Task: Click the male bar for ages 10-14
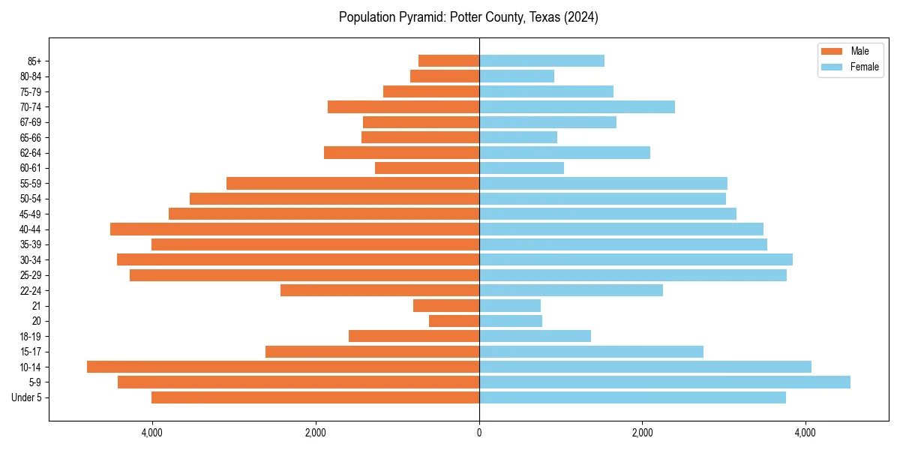click(x=283, y=367)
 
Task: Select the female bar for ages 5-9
click(x=664, y=382)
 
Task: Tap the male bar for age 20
click(x=454, y=321)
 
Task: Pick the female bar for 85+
click(x=541, y=61)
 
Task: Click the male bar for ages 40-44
click(x=295, y=229)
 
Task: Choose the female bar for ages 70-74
click(x=577, y=107)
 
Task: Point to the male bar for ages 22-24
click(x=379, y=290)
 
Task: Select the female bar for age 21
click(x=510, y=306)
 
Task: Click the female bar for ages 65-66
click(x=518, y=137)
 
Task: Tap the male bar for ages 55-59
click(x=352, y=184)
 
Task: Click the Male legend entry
click(x=859, y=51)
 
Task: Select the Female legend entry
click(x=864, y=67)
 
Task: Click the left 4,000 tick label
click(x=151, y=433)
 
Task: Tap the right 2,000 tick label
click(x=642, y=433)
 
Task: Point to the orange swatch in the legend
click(x=832, y=51)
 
